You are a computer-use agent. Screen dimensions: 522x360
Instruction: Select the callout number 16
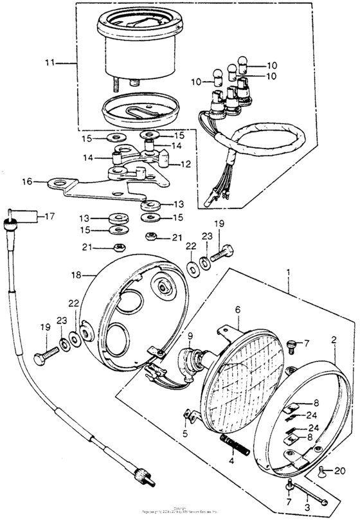tap(27, 182)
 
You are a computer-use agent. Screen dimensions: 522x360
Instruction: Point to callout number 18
tap(76, 274)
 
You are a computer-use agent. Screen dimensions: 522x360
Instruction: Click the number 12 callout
tap(186, 165)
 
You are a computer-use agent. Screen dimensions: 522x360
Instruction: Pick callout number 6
tap(237, 309)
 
